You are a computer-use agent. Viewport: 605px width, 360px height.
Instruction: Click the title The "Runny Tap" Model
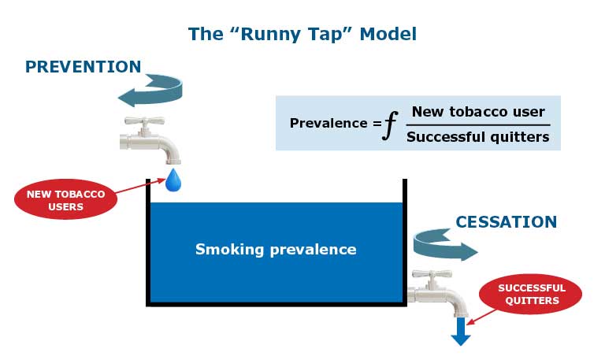point(302,35)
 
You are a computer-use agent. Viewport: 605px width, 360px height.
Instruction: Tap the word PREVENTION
point(83,67)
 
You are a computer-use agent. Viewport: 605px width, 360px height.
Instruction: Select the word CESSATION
point(506,222)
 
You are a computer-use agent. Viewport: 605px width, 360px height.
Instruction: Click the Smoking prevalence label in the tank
point(276,250)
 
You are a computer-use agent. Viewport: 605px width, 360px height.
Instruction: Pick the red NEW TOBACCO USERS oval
point(65,200)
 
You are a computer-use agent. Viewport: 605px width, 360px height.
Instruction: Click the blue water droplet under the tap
point(173,180)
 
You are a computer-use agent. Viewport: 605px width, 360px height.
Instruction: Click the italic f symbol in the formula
point(387,124)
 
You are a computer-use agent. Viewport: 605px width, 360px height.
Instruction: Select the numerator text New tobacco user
point(478,112)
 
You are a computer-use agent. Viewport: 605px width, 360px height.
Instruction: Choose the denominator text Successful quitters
point(478,136)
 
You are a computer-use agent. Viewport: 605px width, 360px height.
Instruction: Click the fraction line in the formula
point(478,124)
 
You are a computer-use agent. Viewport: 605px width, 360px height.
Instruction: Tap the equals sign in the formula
point(375,123)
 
